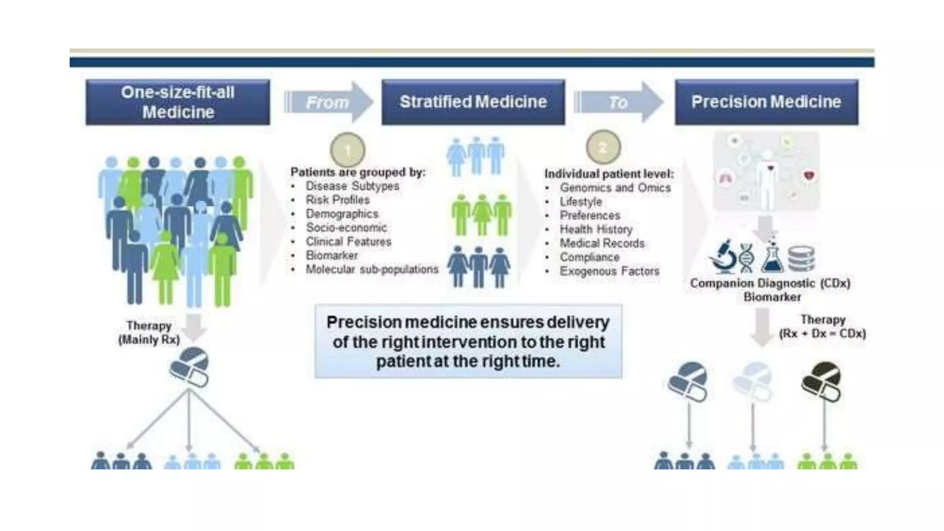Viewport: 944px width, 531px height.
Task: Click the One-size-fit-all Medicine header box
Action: click(177, 102)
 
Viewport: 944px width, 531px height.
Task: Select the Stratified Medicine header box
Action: click(473, 102)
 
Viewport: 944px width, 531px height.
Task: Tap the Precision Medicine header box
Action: click(766, 102)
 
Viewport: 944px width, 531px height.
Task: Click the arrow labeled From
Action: click(328, 102)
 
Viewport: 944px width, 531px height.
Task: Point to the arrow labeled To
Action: click(618, 102)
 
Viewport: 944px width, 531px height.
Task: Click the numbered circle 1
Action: click(348, 150)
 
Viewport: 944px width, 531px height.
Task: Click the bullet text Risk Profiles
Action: click(337, 200)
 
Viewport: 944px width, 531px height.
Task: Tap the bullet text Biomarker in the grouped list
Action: click(331, 255)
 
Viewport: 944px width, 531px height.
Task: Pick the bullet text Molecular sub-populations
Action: click(372, 269)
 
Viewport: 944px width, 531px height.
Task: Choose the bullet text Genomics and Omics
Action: click(615, 188)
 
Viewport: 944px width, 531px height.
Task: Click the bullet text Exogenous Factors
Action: click(609, 271)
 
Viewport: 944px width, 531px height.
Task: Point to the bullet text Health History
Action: click(596, 230)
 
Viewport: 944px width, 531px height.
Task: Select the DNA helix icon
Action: click(746, 258)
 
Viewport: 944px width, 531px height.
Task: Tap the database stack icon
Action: click(801, 259)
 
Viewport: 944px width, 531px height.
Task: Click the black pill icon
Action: click(821, 381)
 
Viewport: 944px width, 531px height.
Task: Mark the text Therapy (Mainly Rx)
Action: click(149, 333)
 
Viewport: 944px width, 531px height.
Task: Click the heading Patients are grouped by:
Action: click(358, 172)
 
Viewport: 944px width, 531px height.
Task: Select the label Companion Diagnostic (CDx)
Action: click(770, 283)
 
